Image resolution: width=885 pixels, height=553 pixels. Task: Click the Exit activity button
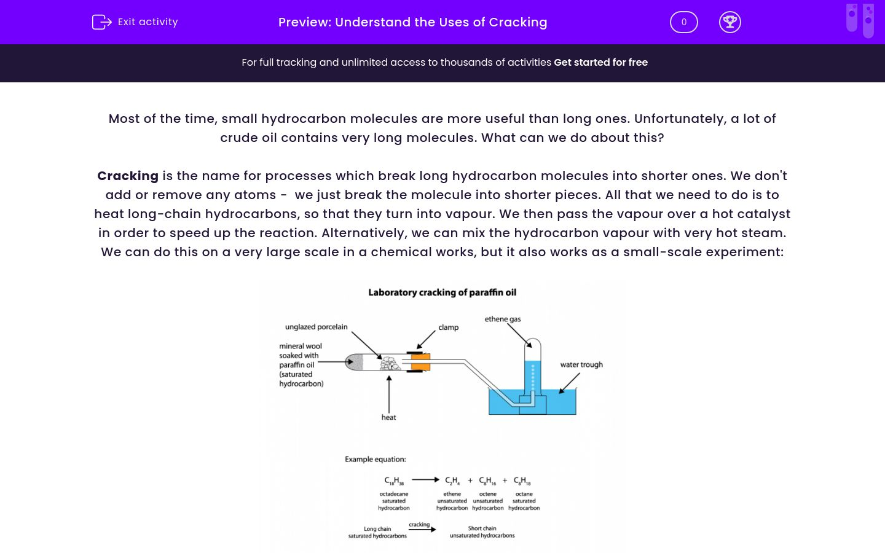tap(135, 22)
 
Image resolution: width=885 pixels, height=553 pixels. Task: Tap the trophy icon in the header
tap(730, 22)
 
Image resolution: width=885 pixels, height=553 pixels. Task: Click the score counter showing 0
tap(683, 22)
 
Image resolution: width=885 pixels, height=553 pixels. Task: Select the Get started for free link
tap(600, 62)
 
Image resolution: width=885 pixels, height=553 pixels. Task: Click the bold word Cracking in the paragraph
tap(128, 176)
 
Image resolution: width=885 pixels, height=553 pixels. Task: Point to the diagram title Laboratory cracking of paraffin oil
tap(442, 292)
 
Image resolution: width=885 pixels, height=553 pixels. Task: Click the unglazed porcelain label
tap(316, 327)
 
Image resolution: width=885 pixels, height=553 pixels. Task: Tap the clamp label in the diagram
tap(448, 327)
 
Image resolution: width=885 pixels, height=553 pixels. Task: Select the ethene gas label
tap(502, 319)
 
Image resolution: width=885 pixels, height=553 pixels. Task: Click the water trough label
tap(581, 364)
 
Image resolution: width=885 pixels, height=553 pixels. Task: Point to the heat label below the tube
tap(388, 417)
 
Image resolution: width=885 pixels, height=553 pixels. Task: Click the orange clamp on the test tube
tap(420, 363)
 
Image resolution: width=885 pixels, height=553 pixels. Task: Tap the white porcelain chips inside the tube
tap(389, 363)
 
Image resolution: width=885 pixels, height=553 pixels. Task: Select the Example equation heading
tap(375, 459)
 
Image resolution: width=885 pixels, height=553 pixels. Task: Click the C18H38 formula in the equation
tap(393, 480)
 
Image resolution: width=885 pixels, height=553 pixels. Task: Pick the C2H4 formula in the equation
tap(452, 480)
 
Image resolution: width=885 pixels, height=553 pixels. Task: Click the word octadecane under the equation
tap(393, 494)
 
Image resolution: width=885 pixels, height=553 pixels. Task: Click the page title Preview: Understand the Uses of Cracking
tap(412, 22)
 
